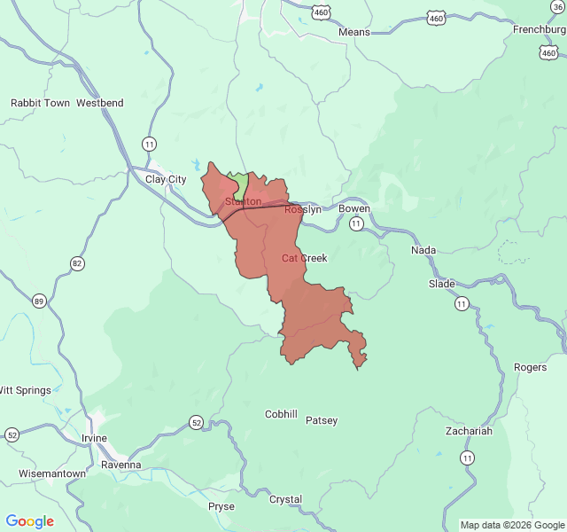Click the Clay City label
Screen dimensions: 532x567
coord(166,179)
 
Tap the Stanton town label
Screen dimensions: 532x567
coord(243,202)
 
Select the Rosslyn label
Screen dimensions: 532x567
coord(303,209)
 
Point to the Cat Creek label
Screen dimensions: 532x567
coord(305,258)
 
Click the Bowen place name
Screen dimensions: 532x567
coord(354,209)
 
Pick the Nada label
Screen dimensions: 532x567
coord(423,250)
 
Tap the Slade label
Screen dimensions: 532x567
coord(441,284)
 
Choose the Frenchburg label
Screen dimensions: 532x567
coord(539,29)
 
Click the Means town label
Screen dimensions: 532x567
coord(354,32)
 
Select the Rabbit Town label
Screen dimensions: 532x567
coord(40,103)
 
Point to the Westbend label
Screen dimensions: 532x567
coord(100,103)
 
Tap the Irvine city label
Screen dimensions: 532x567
coord(93,438)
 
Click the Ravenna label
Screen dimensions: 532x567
coord(121,465)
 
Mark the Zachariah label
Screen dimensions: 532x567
coord(470,431)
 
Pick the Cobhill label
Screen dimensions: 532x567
coord(282,414)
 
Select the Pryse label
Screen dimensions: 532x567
coord(221,506)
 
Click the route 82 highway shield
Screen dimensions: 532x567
coord(78,263)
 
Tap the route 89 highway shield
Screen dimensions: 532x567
coord(39,301)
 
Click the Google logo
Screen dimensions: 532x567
coord(30,521)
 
